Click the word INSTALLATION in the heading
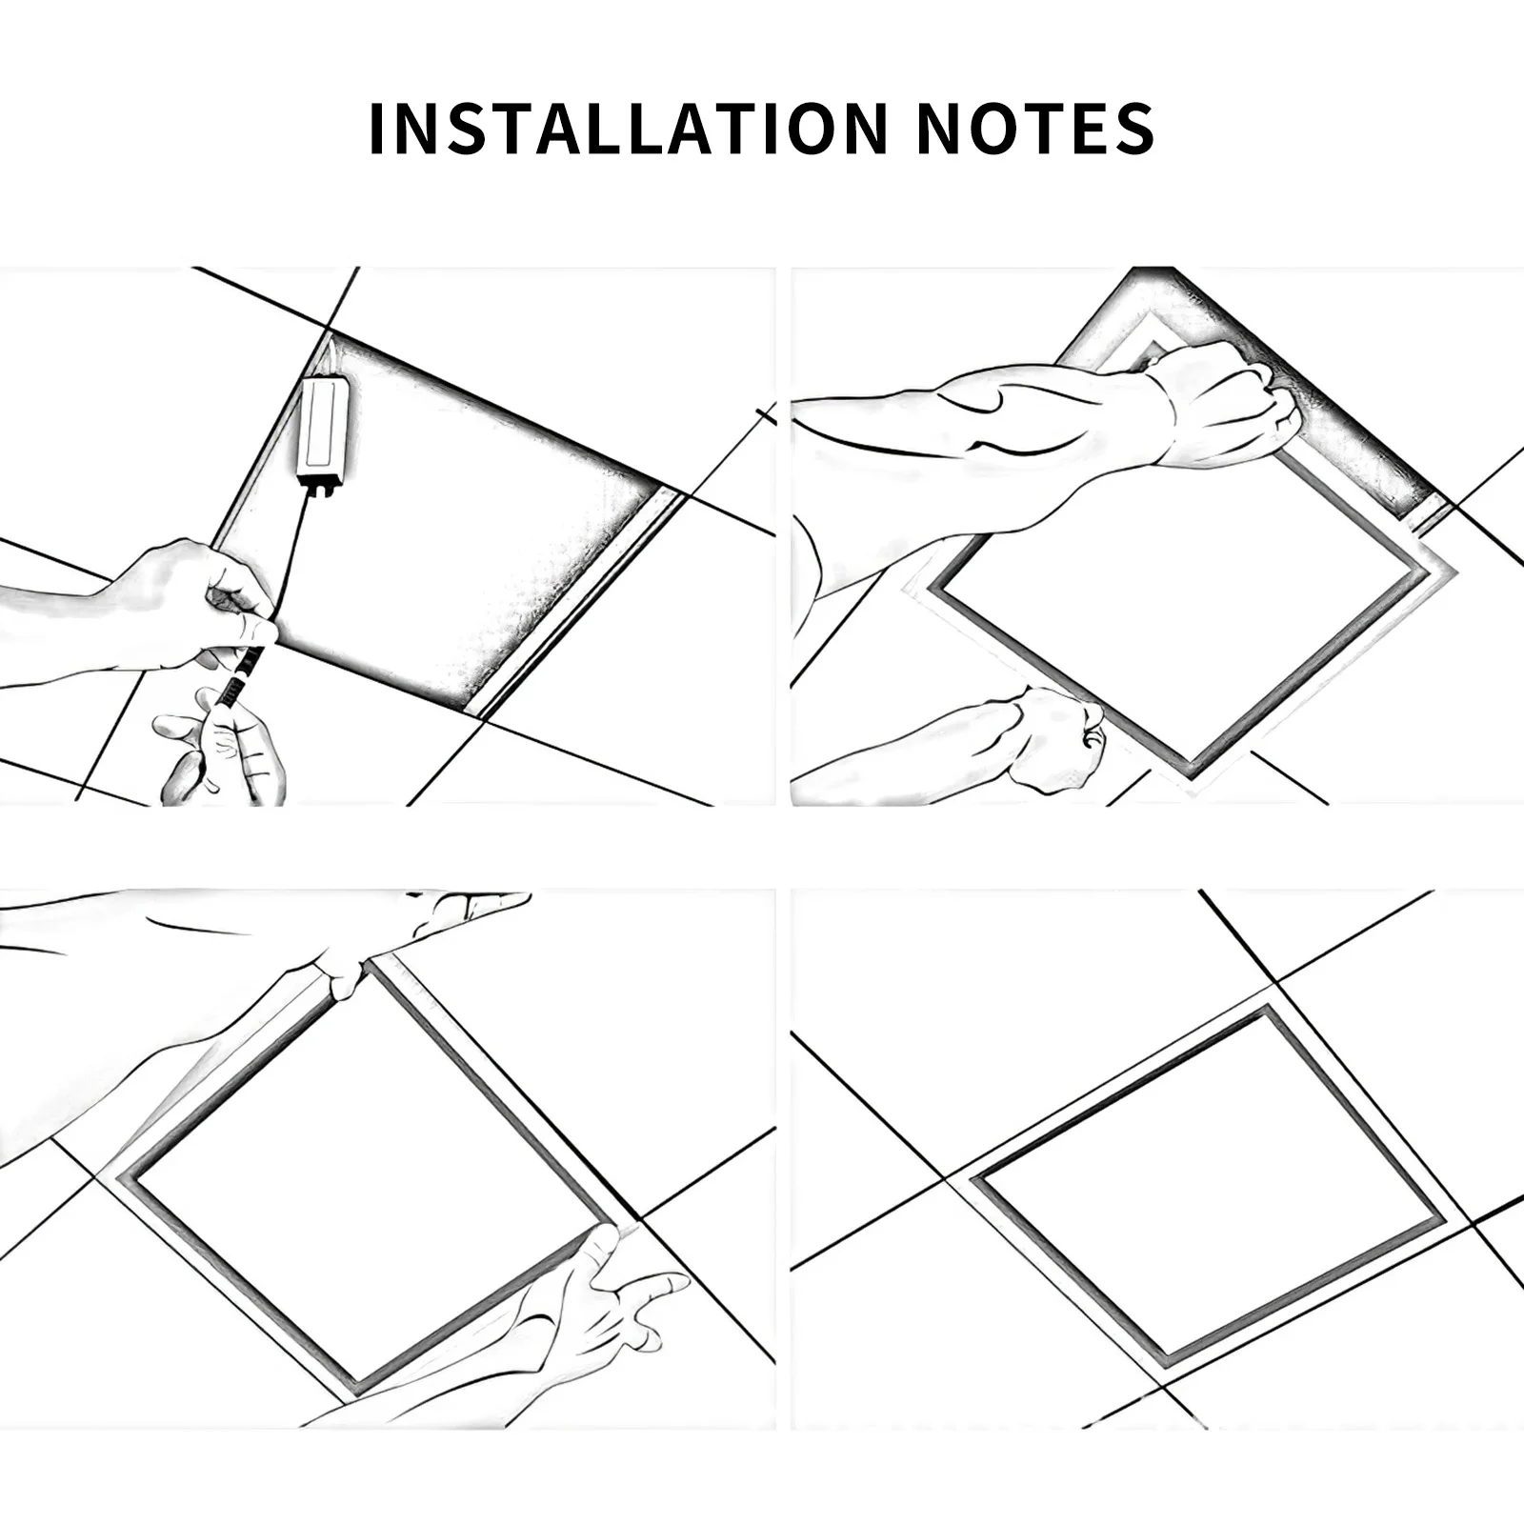[x=628, y=128]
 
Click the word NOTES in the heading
[x=1035, y=128]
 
